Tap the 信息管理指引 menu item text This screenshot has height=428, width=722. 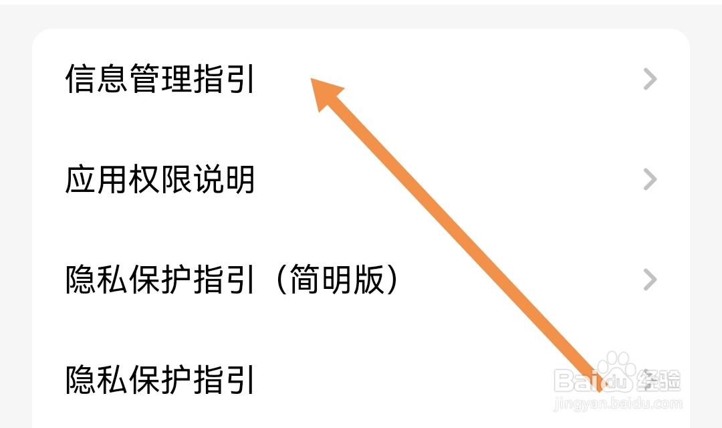coord(160,80)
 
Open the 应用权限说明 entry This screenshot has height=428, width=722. coord(160,180)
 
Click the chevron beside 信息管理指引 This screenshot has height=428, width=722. coord(650,80)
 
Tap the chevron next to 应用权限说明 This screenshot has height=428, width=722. coord(650,179)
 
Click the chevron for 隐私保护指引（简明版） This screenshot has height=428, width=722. coord(650,280)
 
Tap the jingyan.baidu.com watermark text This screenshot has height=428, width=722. coord(619,404)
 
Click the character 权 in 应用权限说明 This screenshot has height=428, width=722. coord(144,180)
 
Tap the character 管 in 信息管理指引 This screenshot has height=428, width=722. coord(144,80)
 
